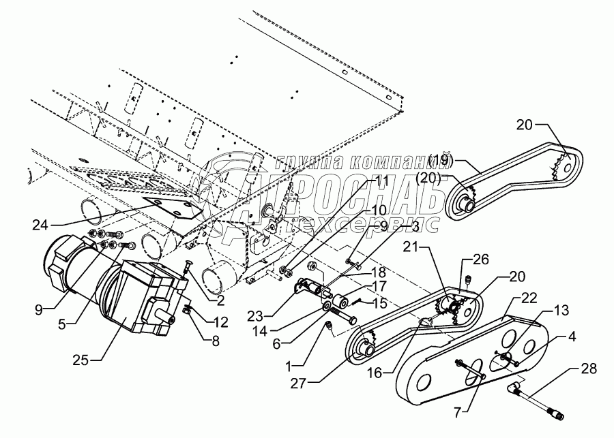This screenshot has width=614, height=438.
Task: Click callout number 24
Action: click(x=40, y=225)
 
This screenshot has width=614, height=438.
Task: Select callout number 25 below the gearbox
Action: click(x=81, y=360)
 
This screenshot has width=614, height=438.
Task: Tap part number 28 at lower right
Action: click(x=589, y=369)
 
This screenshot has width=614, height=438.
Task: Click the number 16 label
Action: click(x=375, y=373)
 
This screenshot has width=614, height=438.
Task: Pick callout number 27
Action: click(x=298, y=384)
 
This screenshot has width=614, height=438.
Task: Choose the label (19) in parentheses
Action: click(x=441, y=161)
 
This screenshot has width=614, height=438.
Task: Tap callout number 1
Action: click(x=289, y=366)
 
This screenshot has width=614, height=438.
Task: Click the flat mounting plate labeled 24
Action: click(x=173, y=207)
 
